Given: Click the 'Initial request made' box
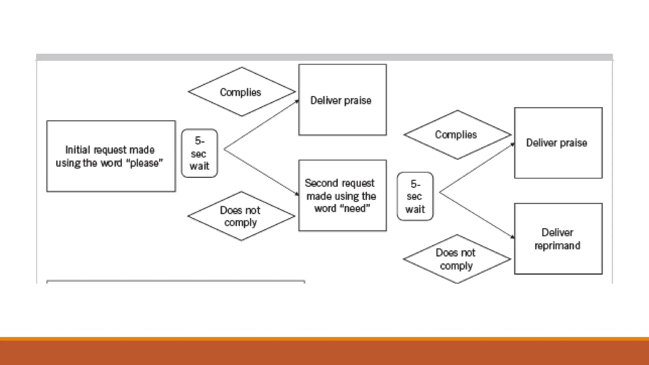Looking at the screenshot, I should click(x=111, y=156).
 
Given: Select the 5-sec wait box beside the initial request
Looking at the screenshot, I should click(x=199, y=153).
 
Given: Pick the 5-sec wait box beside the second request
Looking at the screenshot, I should click(x=415, y=196).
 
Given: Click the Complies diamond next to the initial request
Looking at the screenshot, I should click(x=241, y=92).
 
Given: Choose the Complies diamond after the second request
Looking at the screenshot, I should click(x=457, y=135).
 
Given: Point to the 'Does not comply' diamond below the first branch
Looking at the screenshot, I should click(x=241, y=216).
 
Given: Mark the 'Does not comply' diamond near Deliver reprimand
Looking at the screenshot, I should click(x=457, y=259).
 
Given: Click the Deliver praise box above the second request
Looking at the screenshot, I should click(x=343, y=100).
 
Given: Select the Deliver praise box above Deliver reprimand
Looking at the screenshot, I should click(x=558, y=143).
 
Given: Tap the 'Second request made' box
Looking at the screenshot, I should click(x=343, y=195).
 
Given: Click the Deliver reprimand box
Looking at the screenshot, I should click(x=558, y=239).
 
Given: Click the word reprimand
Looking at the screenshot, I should click(x=557, y=246).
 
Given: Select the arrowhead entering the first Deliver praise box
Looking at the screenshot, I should click(x=297, y=101).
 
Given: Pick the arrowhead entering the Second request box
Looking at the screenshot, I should click(x=297, y=194).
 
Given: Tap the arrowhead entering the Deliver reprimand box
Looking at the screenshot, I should click(x=513, y=237).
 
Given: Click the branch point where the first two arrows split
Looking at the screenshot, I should click(x=224, y=149).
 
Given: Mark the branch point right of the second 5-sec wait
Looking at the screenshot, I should click(x=440, y=192).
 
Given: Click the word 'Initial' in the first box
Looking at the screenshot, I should click(x=77, y=150).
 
